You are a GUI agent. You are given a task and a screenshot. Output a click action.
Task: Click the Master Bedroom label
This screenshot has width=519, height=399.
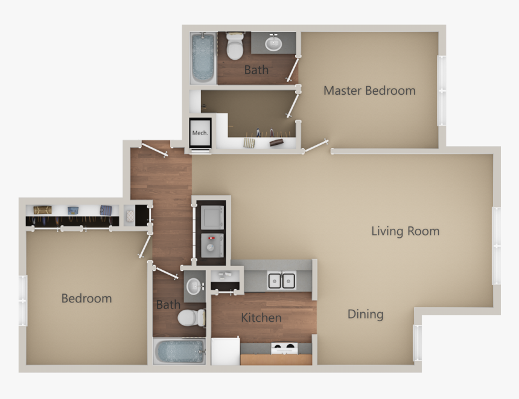click(369, 91)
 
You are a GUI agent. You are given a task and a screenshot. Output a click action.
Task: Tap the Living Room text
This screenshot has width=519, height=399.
click(405, 231)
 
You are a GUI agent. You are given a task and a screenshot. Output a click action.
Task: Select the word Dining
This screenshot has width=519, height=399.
click(365, 314)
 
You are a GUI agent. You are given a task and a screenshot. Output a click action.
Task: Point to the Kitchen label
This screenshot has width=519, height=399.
click(261, 318)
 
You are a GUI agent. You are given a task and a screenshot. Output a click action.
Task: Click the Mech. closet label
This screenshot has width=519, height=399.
click(200, 133)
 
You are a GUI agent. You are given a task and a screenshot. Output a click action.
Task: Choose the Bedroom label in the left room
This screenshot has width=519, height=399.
click(86, 298)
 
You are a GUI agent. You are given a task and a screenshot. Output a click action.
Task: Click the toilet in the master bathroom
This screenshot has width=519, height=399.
click(234, 46)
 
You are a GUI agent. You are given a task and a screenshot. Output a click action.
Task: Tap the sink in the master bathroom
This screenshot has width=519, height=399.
click(274, 43)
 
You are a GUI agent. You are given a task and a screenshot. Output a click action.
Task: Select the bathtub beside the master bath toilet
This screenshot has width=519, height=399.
click(203, 58)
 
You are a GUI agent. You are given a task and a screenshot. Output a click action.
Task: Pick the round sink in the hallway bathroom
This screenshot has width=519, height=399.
click(194, 286)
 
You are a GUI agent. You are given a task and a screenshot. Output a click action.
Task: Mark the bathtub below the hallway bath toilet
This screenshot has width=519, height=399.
click(179, 351)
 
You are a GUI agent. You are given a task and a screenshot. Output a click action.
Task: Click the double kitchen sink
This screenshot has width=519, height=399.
click(282, 280)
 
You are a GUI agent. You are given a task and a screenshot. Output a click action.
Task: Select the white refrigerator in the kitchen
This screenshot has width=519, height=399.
click(225, 351)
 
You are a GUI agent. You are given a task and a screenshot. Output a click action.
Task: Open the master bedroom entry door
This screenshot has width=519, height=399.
click(315, 146)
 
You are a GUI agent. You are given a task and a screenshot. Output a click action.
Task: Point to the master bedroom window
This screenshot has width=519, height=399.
click(441, 91)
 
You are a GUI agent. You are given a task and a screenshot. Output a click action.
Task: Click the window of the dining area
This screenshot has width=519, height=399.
click(417, 343)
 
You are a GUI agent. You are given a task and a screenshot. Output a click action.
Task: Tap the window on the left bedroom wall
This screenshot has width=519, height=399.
click(23, 300)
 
